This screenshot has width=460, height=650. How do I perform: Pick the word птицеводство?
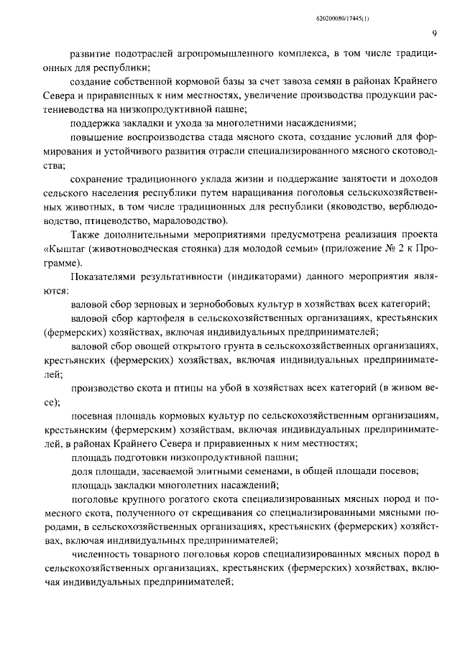click(x=121, y=220)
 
